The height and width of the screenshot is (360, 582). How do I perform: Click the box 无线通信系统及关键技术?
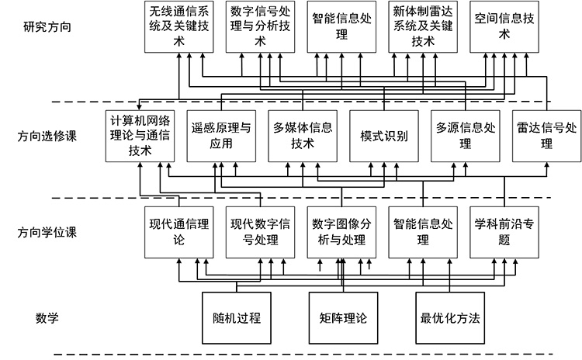click(178, 26)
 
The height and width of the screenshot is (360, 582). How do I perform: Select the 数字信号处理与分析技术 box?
click(259, 26)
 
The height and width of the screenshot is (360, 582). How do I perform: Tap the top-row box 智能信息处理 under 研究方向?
click(341, 26)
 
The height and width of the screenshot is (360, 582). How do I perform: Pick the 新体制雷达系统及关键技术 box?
click(423, 26)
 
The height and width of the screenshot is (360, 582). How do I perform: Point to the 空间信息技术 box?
click(504, 26)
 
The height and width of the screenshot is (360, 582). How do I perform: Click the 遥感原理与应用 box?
click(221, 136)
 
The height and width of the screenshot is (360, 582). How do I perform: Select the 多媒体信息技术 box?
click(303, 136)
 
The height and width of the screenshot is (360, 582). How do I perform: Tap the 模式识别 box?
click(384, 136)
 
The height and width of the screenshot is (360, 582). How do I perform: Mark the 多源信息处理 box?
click(465, 136)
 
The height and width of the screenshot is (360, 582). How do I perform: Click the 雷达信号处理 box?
click(546, 136)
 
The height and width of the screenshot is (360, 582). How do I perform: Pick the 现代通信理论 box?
click(178, 232)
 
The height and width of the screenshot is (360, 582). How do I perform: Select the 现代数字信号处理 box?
click(260, 232)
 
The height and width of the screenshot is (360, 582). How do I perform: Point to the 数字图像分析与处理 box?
click(341, 232)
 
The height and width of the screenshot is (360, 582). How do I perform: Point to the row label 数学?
click(47, 317)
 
